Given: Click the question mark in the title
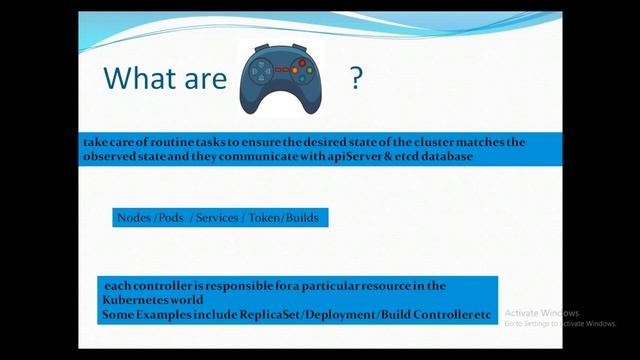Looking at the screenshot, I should [355, 79].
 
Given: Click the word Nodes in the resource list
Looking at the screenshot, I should [134, 217].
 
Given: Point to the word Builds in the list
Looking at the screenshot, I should [303, 217].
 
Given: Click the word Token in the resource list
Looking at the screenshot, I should [265, 217].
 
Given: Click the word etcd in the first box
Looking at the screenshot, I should [414, 158].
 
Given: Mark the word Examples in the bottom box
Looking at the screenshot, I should [169, 315].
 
